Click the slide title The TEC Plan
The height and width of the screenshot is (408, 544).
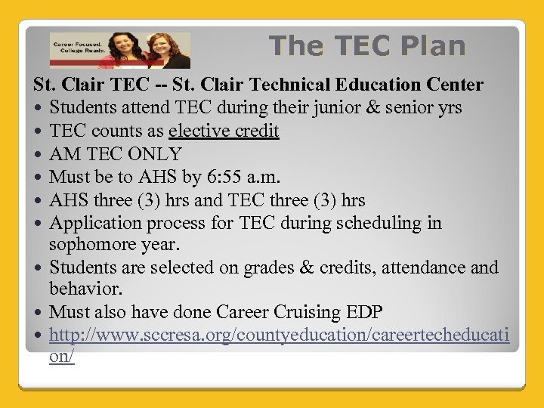click(x=367, y=46)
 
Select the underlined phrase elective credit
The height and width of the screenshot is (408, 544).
click(x=224, y=131)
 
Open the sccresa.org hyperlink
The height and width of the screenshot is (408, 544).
click(x=280, y=335)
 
